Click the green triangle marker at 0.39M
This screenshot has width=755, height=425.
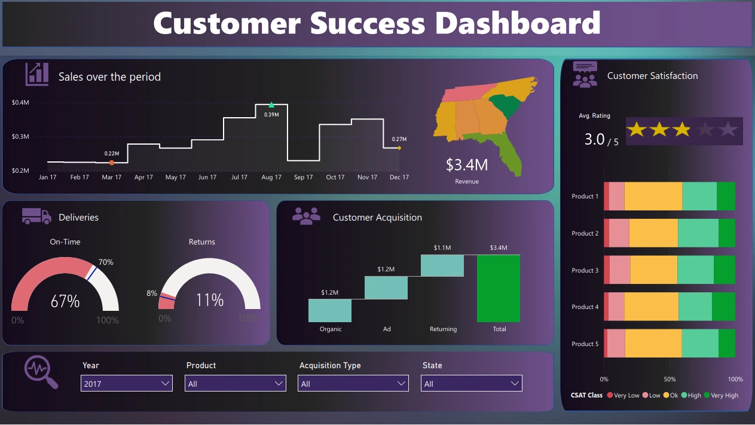point(271,105)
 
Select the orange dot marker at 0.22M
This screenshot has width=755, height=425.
point(112,163)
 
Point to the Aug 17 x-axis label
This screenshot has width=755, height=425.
point(271,178)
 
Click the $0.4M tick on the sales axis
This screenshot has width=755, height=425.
point(20,103)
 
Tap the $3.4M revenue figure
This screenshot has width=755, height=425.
point(467,165)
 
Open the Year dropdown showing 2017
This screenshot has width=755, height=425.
point(126,383)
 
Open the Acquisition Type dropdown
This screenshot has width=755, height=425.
point(353,383)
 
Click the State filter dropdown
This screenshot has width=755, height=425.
point(471,383)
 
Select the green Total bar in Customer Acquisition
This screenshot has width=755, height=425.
point(499,288)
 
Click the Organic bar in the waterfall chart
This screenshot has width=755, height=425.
point(330,310)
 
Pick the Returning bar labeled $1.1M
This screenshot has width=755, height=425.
point(442,265)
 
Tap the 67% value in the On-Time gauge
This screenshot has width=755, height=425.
point(65,301)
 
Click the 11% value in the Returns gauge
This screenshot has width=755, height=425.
point(210,299)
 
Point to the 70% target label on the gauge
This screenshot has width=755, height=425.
point(106,262)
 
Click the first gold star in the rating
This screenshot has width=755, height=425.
point(637,130)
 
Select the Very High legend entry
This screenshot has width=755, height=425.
point(722,395)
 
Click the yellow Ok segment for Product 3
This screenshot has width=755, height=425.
point(653,270)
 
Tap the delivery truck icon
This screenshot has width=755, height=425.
point(36,216)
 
